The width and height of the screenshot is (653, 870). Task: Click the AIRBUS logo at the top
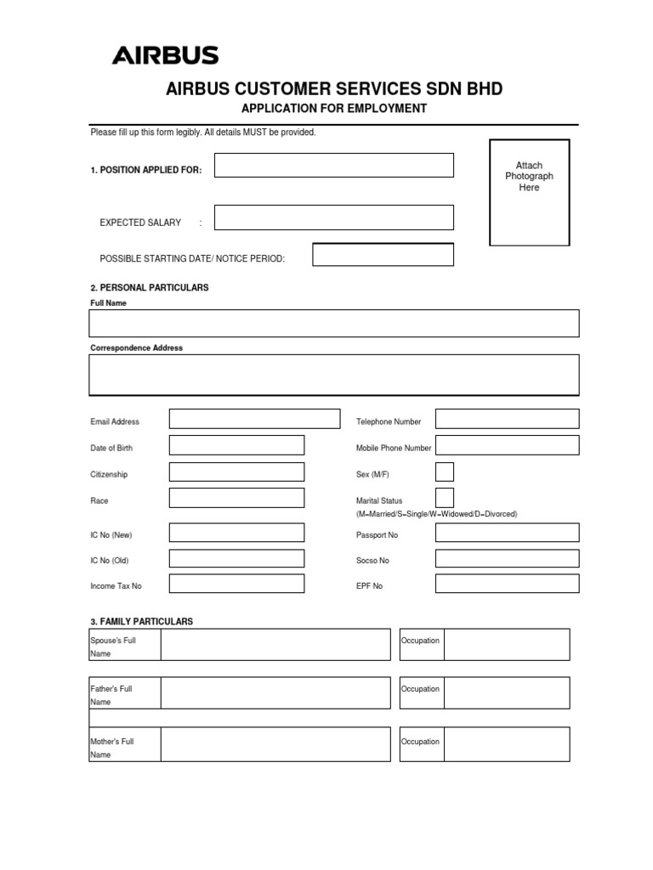165,56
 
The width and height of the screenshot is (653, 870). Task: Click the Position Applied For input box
333,165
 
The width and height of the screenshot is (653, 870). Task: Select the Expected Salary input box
333,217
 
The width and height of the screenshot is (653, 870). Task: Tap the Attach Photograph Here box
529,192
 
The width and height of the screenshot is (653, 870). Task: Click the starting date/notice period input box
383,254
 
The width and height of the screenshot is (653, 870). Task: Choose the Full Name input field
333,324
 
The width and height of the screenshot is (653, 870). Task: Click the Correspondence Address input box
333,375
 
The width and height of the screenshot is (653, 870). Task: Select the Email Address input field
253,419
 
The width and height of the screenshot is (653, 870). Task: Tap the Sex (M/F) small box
444,472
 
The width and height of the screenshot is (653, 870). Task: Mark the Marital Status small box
444,498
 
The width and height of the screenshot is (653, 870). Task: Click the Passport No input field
507,533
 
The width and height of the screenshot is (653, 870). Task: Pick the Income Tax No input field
236,584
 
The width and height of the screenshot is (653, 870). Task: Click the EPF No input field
507,584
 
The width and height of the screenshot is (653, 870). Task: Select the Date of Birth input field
236,445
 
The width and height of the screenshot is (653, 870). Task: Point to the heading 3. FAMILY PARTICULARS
142,622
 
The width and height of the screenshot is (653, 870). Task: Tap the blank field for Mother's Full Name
275,744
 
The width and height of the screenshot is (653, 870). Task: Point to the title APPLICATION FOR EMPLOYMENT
334,109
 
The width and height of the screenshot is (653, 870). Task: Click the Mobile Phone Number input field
507,445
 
